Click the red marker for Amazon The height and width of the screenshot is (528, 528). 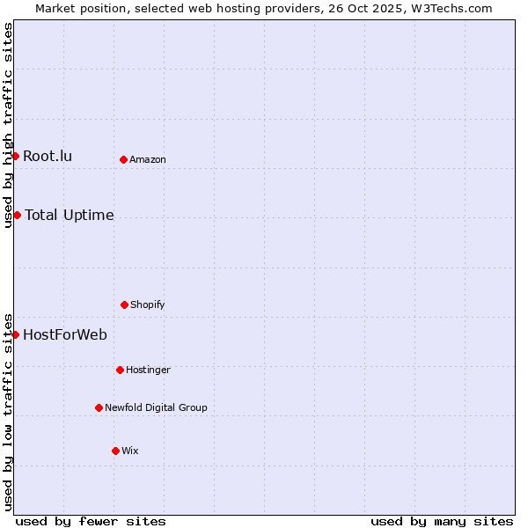[123, 159]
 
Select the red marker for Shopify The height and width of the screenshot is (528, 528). [124, 304]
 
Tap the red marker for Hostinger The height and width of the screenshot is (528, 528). [120, 370]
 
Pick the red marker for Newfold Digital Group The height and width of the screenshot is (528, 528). [99, 407]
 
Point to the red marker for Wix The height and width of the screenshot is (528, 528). [115, 451]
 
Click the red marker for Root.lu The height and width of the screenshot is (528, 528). [15, 156]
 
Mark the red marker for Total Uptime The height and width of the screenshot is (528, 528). [17, 215]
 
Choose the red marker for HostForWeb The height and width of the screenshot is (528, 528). [15, 334]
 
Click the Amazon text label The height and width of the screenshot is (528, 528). [148, 159]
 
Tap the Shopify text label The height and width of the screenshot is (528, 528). [148, 304]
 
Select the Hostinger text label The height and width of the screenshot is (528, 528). [148, 370]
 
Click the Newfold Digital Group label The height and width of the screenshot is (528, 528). [156, 407]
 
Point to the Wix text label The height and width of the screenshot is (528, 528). [130, 451]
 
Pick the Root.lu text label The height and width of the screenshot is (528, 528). [48, 157]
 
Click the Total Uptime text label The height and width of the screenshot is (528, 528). [70, 216]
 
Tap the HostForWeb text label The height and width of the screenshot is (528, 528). [65, 334]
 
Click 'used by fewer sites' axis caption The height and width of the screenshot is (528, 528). [91, 521]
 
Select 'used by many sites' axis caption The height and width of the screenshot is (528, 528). [442, 521]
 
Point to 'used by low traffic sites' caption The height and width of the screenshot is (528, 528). [8, 412]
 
